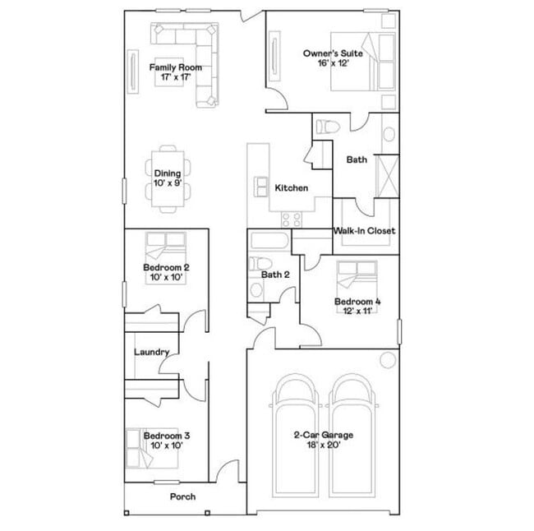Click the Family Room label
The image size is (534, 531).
175,67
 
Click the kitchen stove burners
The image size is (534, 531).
292,218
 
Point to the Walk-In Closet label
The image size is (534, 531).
364,231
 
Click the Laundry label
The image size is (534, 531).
152,353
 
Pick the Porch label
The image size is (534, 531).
182,496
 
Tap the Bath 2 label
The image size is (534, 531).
275,275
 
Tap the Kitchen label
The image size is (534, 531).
291,188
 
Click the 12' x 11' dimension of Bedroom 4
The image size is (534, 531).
357,312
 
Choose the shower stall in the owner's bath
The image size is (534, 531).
386,172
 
